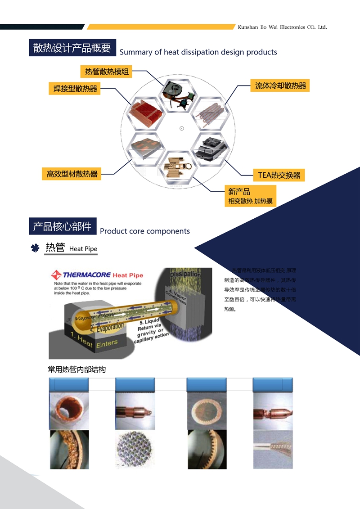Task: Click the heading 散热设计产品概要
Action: (72, 48)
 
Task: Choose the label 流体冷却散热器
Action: (280, 86)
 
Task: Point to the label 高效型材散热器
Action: (72, 173)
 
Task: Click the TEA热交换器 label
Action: (279, 175)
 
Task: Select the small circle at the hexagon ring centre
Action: (182, 128)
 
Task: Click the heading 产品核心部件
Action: (62, 226)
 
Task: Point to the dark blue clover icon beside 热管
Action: (35, 248)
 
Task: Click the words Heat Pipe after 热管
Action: (83, 249)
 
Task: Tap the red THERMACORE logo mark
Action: (56, 275)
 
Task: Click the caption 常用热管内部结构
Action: (76, 369)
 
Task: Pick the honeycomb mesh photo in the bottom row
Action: (135, 450)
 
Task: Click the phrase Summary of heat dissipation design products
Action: (198, 52)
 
